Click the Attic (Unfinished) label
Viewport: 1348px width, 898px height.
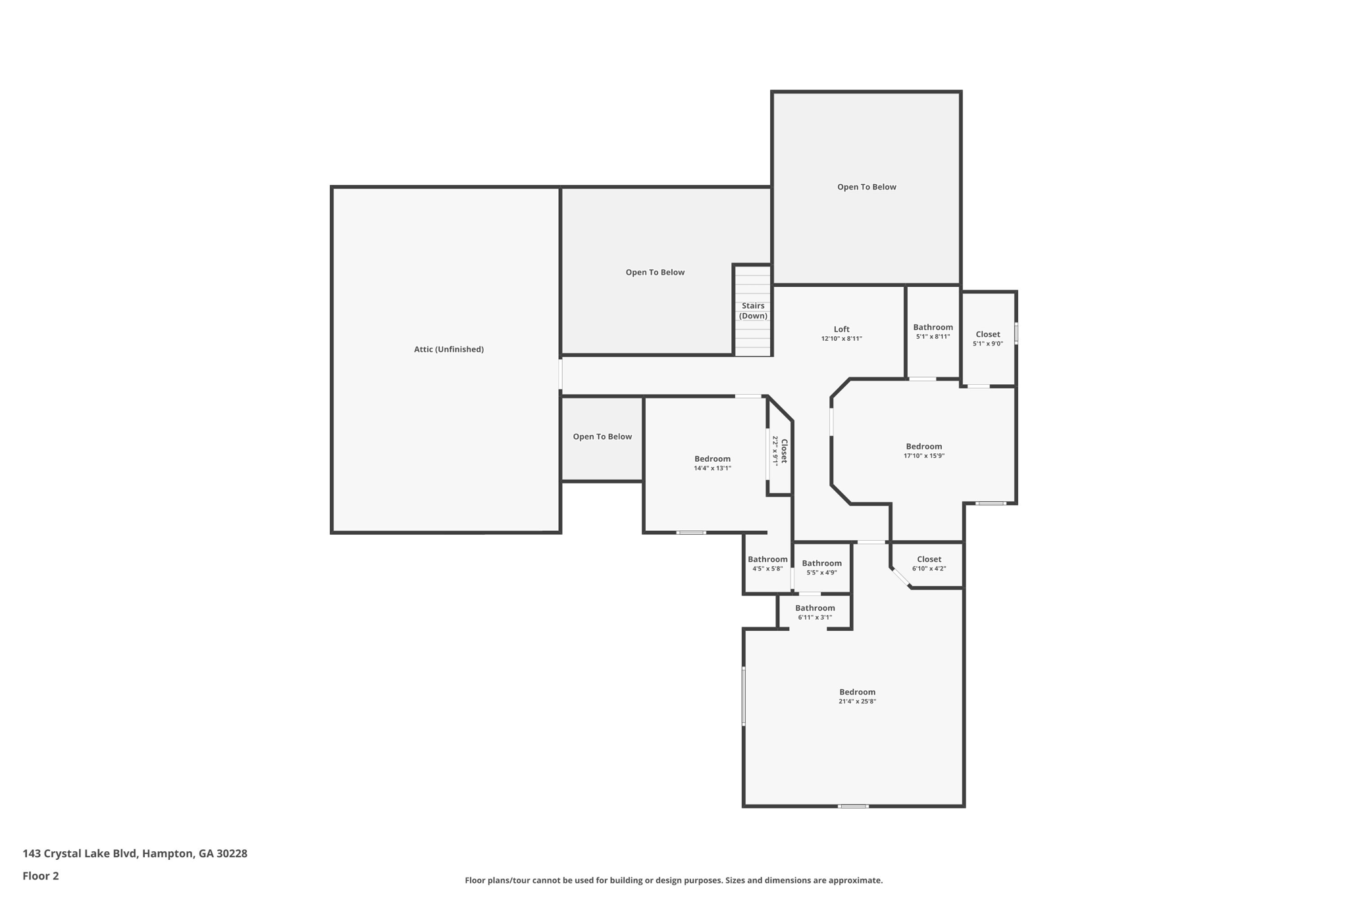(448, 349)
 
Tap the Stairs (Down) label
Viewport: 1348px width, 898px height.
(753, 311)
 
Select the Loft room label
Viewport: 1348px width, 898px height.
(841, 329)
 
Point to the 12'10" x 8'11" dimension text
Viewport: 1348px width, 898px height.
(841, 339)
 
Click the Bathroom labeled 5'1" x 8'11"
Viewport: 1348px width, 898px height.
(933, 331)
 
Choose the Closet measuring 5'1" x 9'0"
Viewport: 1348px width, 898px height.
(987, 338)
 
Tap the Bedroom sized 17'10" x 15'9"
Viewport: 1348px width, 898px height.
(923, 450)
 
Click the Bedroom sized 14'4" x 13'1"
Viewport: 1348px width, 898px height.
(712, 462)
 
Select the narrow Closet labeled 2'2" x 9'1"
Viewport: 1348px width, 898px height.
(780, 451)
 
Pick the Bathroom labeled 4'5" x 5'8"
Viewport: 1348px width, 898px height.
(767, 563)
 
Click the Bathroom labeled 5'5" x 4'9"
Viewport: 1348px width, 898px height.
(821, 567)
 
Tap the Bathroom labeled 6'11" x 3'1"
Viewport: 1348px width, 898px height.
(815, 612)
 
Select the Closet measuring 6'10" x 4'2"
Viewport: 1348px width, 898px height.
(929, 563)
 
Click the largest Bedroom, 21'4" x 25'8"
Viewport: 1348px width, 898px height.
(857, 696)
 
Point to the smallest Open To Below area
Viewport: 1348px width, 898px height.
(602, 437)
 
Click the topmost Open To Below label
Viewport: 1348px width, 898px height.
(866, 187)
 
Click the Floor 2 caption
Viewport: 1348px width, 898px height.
(41, 876)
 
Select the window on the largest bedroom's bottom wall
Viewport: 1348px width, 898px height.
(853, 806)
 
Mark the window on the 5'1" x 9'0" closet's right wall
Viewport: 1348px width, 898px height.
(1016, 333)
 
